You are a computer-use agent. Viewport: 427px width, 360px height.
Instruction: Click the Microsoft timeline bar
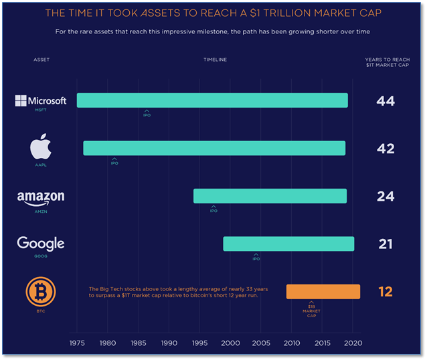(212, 100)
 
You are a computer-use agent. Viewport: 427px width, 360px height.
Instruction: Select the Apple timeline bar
(214, 148)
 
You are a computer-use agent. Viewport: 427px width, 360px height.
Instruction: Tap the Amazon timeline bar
(270, 196)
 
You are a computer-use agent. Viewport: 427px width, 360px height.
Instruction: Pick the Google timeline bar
(288, 244)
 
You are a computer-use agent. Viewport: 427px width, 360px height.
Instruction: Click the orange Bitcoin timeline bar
(323, 292)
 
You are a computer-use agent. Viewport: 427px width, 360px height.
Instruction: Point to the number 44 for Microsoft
(386, 101)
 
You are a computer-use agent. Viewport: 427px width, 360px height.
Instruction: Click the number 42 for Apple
(386, 149)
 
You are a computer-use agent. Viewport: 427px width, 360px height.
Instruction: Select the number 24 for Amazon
(386, 197)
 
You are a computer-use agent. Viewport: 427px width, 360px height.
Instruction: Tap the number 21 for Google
(386, 244)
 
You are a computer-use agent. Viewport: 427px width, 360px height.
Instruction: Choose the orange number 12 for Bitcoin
(386, 292)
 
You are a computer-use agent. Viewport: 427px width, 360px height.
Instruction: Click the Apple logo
(41, 147)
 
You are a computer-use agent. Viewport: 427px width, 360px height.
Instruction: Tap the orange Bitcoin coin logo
(41, 292)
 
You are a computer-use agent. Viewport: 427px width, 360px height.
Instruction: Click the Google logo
(41, 244)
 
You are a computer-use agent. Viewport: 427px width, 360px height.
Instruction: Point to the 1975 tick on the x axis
(77, 343)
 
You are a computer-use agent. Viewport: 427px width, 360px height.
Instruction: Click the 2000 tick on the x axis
(230, 343)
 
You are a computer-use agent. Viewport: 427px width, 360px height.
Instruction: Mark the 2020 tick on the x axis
(353, 343)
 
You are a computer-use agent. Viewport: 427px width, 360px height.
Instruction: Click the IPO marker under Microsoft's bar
(147, 114)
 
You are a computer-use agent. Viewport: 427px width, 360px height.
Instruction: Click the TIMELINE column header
(215, 60)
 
